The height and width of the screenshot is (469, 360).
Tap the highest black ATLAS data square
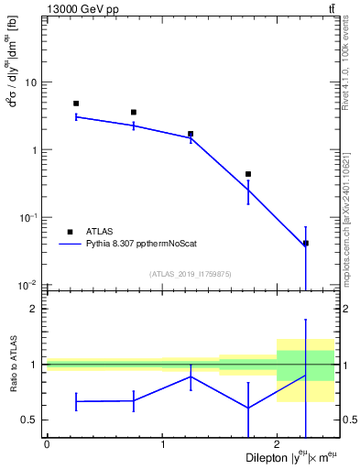coord(76,104)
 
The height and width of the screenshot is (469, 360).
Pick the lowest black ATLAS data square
coord(306,243)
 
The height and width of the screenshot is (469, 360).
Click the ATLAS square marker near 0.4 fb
coord(248,174)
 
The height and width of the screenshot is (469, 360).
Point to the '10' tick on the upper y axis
coord(30,82)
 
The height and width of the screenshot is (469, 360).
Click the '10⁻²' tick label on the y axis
coord(27,285)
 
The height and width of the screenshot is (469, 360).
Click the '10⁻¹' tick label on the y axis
coord(27,217)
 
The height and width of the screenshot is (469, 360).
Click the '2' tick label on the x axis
coord(278,445)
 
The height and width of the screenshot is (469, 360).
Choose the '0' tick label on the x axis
coord(47,445)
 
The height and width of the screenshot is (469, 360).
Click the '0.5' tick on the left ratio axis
coord(30,420)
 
